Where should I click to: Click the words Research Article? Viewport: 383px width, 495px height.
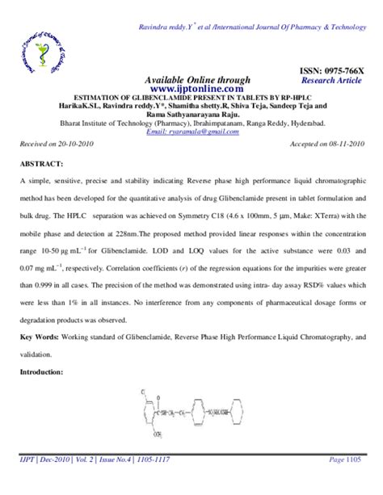tap(334, 82)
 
